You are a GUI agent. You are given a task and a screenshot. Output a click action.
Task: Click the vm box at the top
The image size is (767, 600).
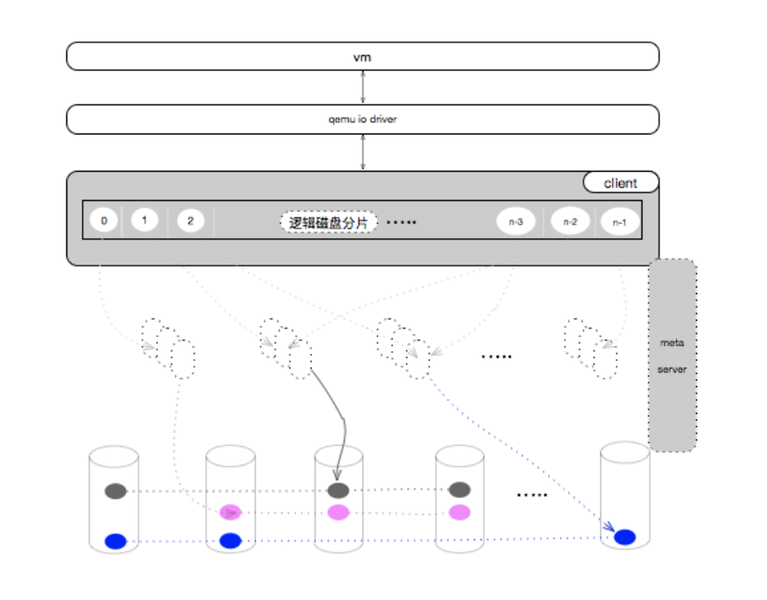(x=362, y=57)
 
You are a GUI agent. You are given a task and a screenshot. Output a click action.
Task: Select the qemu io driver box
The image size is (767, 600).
(x=362, y=119)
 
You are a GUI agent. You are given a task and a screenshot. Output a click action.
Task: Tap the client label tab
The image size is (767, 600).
(x=621, y=182)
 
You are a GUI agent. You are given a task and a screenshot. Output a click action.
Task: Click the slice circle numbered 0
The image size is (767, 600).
(x=104, y=220)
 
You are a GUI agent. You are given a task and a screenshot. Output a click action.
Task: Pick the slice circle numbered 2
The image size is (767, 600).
(x=190, y=221)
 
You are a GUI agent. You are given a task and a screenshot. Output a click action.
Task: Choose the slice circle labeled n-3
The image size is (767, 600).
(x=516, y=222)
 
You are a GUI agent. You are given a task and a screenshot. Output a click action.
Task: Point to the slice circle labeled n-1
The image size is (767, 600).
(x=620, y=222)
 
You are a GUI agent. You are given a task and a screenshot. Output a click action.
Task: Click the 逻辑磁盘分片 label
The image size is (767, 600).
(x=328, y=223)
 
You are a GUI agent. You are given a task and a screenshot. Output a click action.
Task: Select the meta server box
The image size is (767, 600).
(x=672, y=355)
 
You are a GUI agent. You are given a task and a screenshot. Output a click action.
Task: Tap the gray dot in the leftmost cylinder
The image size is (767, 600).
(x=116, y=491)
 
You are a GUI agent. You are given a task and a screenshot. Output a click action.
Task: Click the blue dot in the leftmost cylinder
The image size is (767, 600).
(x=116, y=541)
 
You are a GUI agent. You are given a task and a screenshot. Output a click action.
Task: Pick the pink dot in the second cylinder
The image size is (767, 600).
(x=231, y=513)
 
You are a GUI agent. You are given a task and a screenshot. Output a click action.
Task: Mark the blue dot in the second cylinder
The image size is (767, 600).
(x=231, y=541)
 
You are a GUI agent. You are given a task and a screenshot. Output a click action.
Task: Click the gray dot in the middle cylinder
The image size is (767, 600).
(x=338, y=490)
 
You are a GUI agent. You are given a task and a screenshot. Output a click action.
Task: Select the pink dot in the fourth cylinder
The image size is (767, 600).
(x=460, y=513)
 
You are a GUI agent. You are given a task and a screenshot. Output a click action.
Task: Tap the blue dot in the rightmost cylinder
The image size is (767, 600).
(x=625, y=537)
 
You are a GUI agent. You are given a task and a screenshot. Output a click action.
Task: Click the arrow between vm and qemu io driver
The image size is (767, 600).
(x=362, y=87)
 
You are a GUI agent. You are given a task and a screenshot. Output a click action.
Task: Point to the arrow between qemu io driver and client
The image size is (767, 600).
(x=362, y=152)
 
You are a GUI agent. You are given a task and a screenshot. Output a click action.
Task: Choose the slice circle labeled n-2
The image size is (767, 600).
(x=570, y=222)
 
